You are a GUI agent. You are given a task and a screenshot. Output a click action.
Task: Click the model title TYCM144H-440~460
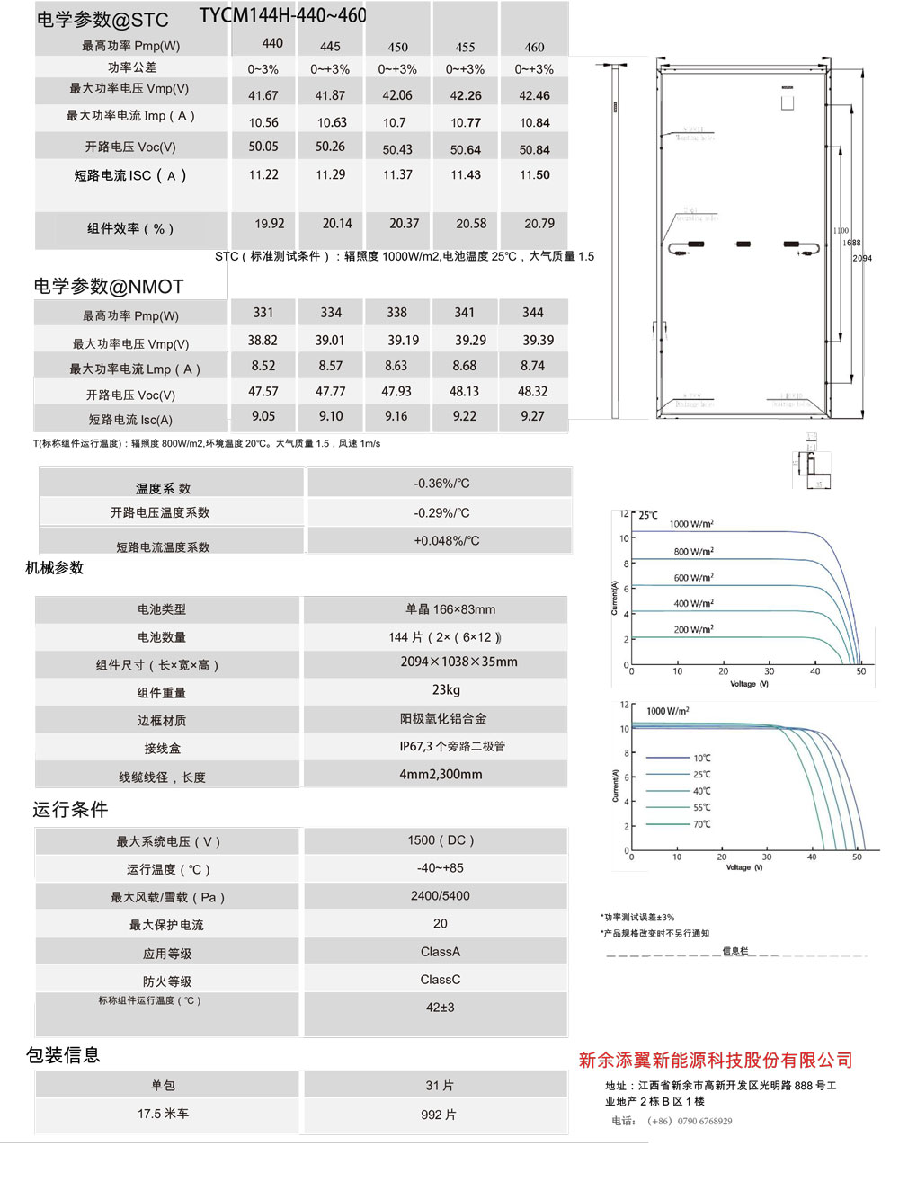pyautogui.click(x=282, y=16)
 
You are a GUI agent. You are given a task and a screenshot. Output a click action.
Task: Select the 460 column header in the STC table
pyautogui.click(x=534, y=47)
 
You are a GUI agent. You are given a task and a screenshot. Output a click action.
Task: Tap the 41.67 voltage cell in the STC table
pyautogui.click(x=263, y=95)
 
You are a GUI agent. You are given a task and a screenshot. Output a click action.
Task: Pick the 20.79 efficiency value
pyautogui.click(x=539, y=224)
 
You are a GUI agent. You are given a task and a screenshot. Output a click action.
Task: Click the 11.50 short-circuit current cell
pyautogui.click(x=534, y=175)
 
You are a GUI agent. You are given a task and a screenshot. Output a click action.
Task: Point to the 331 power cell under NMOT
pyautogui.click(x=263, y=313)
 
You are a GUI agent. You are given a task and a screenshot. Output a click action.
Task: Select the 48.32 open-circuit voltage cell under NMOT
pyautogui.click(x=533, y=392)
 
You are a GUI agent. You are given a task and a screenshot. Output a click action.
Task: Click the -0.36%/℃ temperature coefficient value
pyautogui.click(x=441, y=484)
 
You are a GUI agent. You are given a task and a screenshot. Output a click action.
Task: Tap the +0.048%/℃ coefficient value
pyautogui.click(x=447, y=541)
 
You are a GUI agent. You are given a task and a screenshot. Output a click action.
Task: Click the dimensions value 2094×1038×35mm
pyautogui.click(x=458, y=662)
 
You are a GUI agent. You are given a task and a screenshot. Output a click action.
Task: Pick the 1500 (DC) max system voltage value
pyautogui.click(x=441, y=840)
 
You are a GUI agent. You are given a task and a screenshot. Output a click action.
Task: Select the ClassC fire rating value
pyautogui.click(x=441, y=980)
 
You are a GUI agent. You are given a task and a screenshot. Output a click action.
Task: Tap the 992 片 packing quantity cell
pyautogui.click(x=439, y=1115)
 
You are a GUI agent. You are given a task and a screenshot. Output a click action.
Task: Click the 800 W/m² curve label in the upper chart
pyautogui.click(x=693, y=552)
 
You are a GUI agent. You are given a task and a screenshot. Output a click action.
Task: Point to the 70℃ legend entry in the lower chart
pyautogui.click(x=701, y=824)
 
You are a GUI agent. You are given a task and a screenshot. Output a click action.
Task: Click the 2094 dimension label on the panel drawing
pyautogui.click(x=862, y=258)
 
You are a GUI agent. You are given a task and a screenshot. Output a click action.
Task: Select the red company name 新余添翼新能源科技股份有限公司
pyautogui.click(x=716, y=1061)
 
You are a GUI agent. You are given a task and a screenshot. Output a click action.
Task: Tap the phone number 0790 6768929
pyautogui.click(x=705, y=1121)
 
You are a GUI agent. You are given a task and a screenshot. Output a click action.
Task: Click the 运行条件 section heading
pyautogui.click(x=70, y=810)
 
